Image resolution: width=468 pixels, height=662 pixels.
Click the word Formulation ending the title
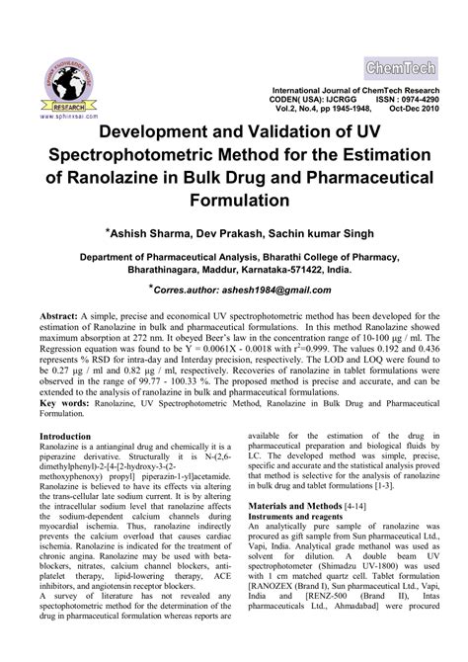tap(234, 198)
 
